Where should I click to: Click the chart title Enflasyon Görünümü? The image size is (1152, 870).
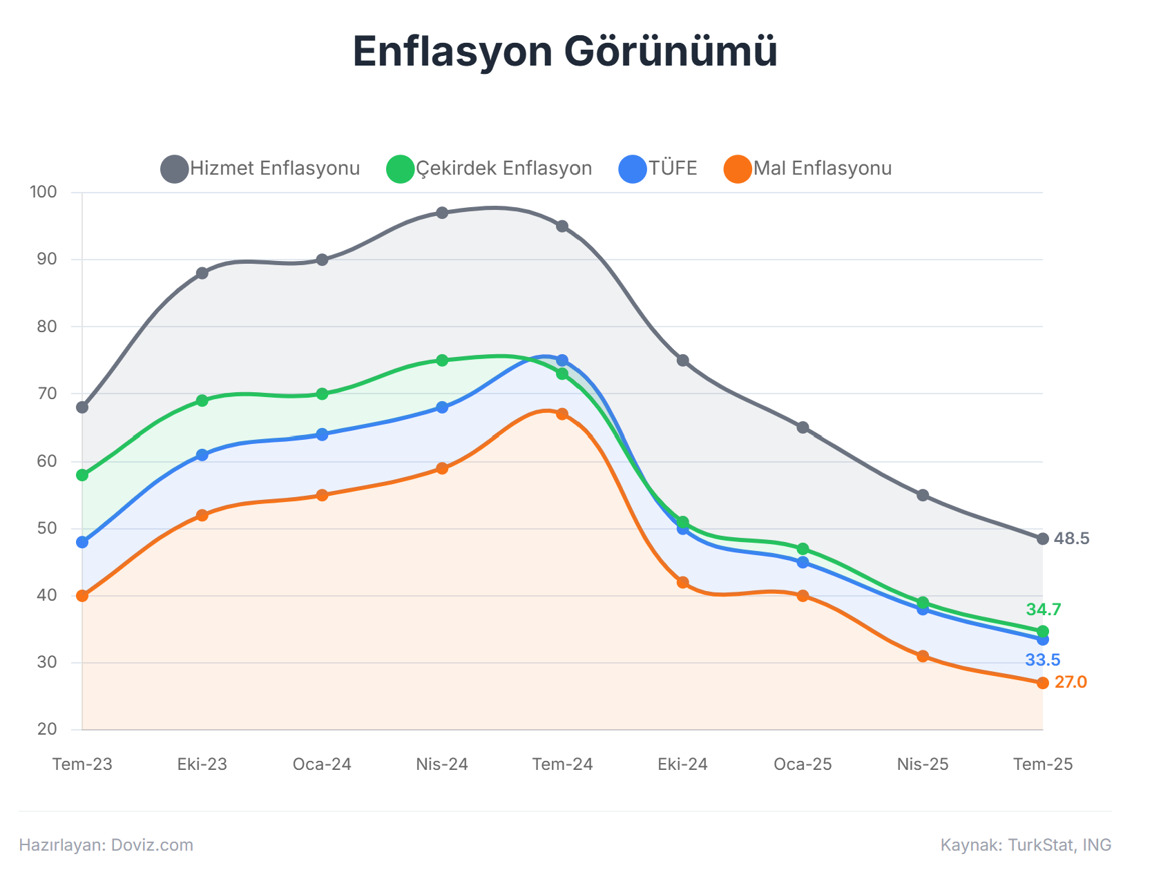pos(565,51)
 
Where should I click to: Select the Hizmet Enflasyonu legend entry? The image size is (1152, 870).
pos(261,168)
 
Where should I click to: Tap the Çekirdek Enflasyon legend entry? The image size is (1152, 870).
pos(490,168)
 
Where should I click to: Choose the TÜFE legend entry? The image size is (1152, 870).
pos(658,168)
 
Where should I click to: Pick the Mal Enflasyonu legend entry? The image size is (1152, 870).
pos(808,168)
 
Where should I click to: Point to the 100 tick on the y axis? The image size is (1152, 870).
pos(44,192)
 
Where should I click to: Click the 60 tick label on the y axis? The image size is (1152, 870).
pos(47,461)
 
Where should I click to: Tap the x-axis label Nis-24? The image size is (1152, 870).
pos(442,764)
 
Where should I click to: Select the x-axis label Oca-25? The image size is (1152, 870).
pos(803,764)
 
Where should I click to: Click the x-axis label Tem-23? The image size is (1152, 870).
pos(82,764)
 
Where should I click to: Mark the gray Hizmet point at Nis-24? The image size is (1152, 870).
pos(442,213)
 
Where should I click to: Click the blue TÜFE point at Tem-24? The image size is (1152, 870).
pos(562,360)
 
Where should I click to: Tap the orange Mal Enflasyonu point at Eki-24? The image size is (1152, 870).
pos(682,583)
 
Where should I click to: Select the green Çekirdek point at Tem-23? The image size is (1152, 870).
pos(82,475)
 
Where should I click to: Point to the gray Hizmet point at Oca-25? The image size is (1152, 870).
pos(803,427)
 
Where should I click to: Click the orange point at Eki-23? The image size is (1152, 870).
pos(202,515)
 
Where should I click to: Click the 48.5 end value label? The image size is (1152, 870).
pos(1071,539)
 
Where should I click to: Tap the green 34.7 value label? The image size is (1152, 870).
pos(1043,610)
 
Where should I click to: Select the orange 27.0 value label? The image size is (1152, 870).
pos(1071,682)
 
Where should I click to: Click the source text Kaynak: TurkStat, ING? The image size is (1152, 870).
pos(1026,845)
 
